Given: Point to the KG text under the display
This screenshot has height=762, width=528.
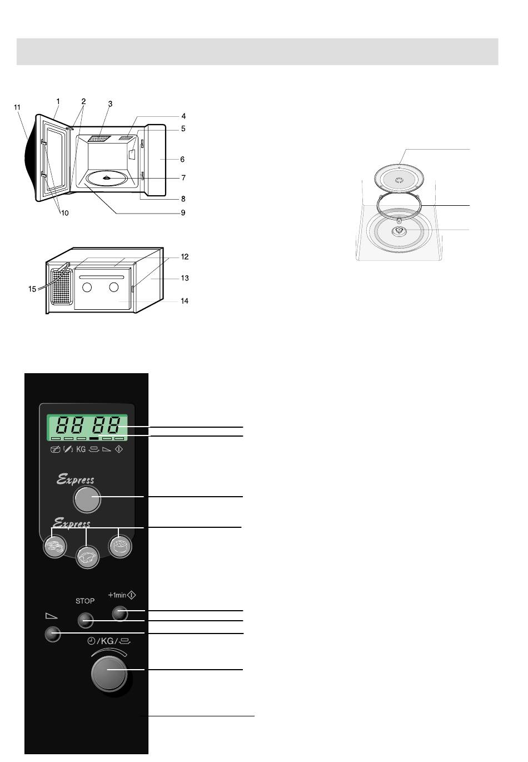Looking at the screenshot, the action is pyautogui.click(x=81, y=449).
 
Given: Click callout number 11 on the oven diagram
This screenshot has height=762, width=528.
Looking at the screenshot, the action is pyautogui.click(x=17, y=107).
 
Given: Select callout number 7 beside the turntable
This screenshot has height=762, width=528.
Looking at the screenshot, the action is pyautogui.click(x=183, y=177).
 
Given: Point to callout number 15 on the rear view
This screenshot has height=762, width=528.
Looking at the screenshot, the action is pyautogui.click(x=32, y=289).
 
